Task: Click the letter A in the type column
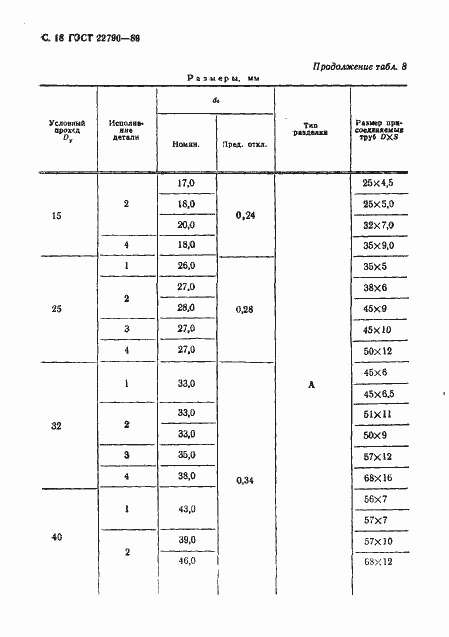tap(311, 386)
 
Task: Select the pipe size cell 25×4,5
tap(378, 184)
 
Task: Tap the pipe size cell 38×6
tap(378, 287)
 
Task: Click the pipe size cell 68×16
tap(378, 476)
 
